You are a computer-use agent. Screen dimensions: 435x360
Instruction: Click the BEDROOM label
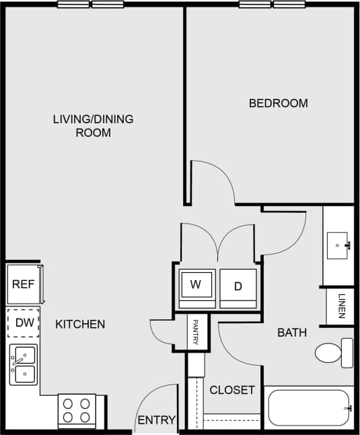(x=278, y=103)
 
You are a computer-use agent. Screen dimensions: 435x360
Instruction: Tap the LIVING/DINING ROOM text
(x=93, y=126)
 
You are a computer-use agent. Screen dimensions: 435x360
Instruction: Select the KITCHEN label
(x=80, y=325)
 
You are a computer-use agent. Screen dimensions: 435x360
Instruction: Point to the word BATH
(x=292, y=333)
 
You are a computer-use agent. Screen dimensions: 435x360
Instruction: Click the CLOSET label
(x=232, y=390)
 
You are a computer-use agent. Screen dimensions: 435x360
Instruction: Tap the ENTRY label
(x=156, y=421)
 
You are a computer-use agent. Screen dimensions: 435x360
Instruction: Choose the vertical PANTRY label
(x=196, y=333)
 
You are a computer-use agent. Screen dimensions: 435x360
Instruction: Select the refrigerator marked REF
(x=24, y=284)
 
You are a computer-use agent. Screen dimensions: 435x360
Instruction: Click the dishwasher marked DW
(x=24, y=323)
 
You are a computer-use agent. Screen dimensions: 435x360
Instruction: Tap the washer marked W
(x=196, y=286)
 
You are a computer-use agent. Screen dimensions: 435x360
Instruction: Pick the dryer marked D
(x=238, y=287)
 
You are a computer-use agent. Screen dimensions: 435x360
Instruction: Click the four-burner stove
(x=77, y=411)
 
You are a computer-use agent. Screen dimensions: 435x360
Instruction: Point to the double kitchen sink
(x=24, y=365)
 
